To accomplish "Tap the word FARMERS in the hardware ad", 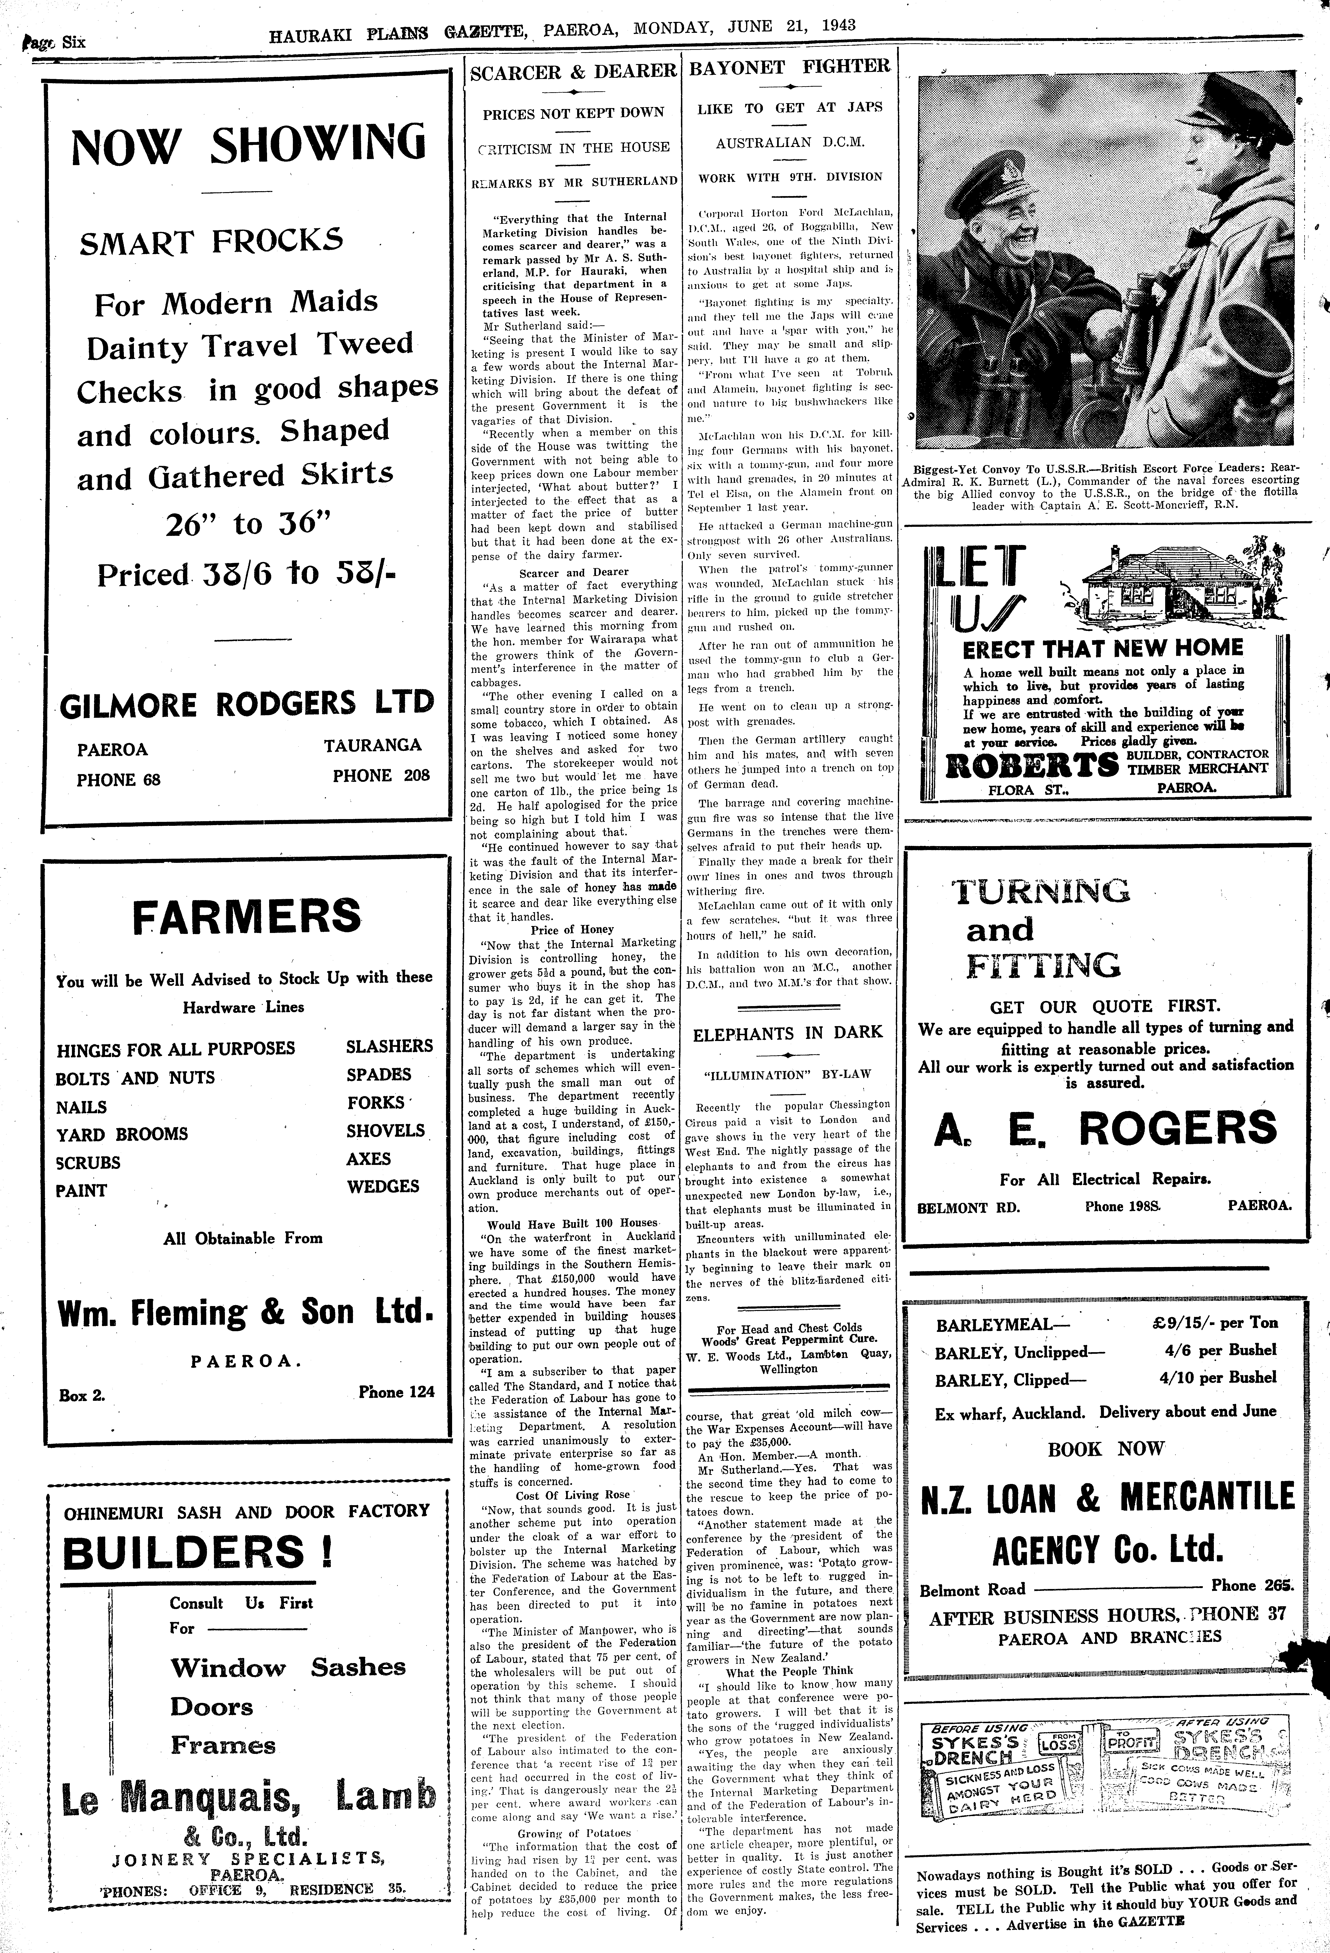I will tap(247, 916).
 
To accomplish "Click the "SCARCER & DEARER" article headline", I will tap(573, 72).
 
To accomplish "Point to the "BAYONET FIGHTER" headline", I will tap(789, 67).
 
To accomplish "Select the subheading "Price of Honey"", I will tap(572, 929).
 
